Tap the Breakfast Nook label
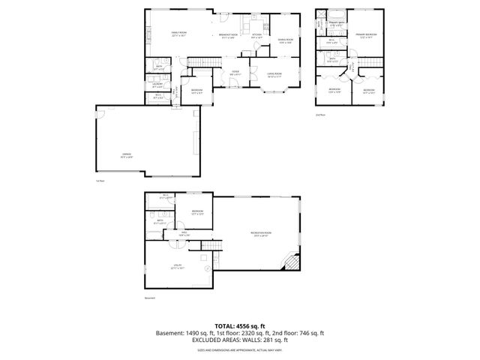(228, 35)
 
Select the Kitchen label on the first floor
(257, 35)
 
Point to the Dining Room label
(285, 40)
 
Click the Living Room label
(274, 74)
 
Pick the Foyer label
(235, 72)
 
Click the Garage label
(127, 155)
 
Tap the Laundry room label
(158, 84)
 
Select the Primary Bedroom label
(366, 35)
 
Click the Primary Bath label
(337, 24)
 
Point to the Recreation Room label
(259, 234)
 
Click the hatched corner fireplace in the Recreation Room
(289, 262)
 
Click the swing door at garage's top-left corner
(101, 112)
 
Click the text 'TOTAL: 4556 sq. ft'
(239, 326)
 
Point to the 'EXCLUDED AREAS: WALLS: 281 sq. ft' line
(239, 341)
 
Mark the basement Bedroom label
(197, 212)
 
